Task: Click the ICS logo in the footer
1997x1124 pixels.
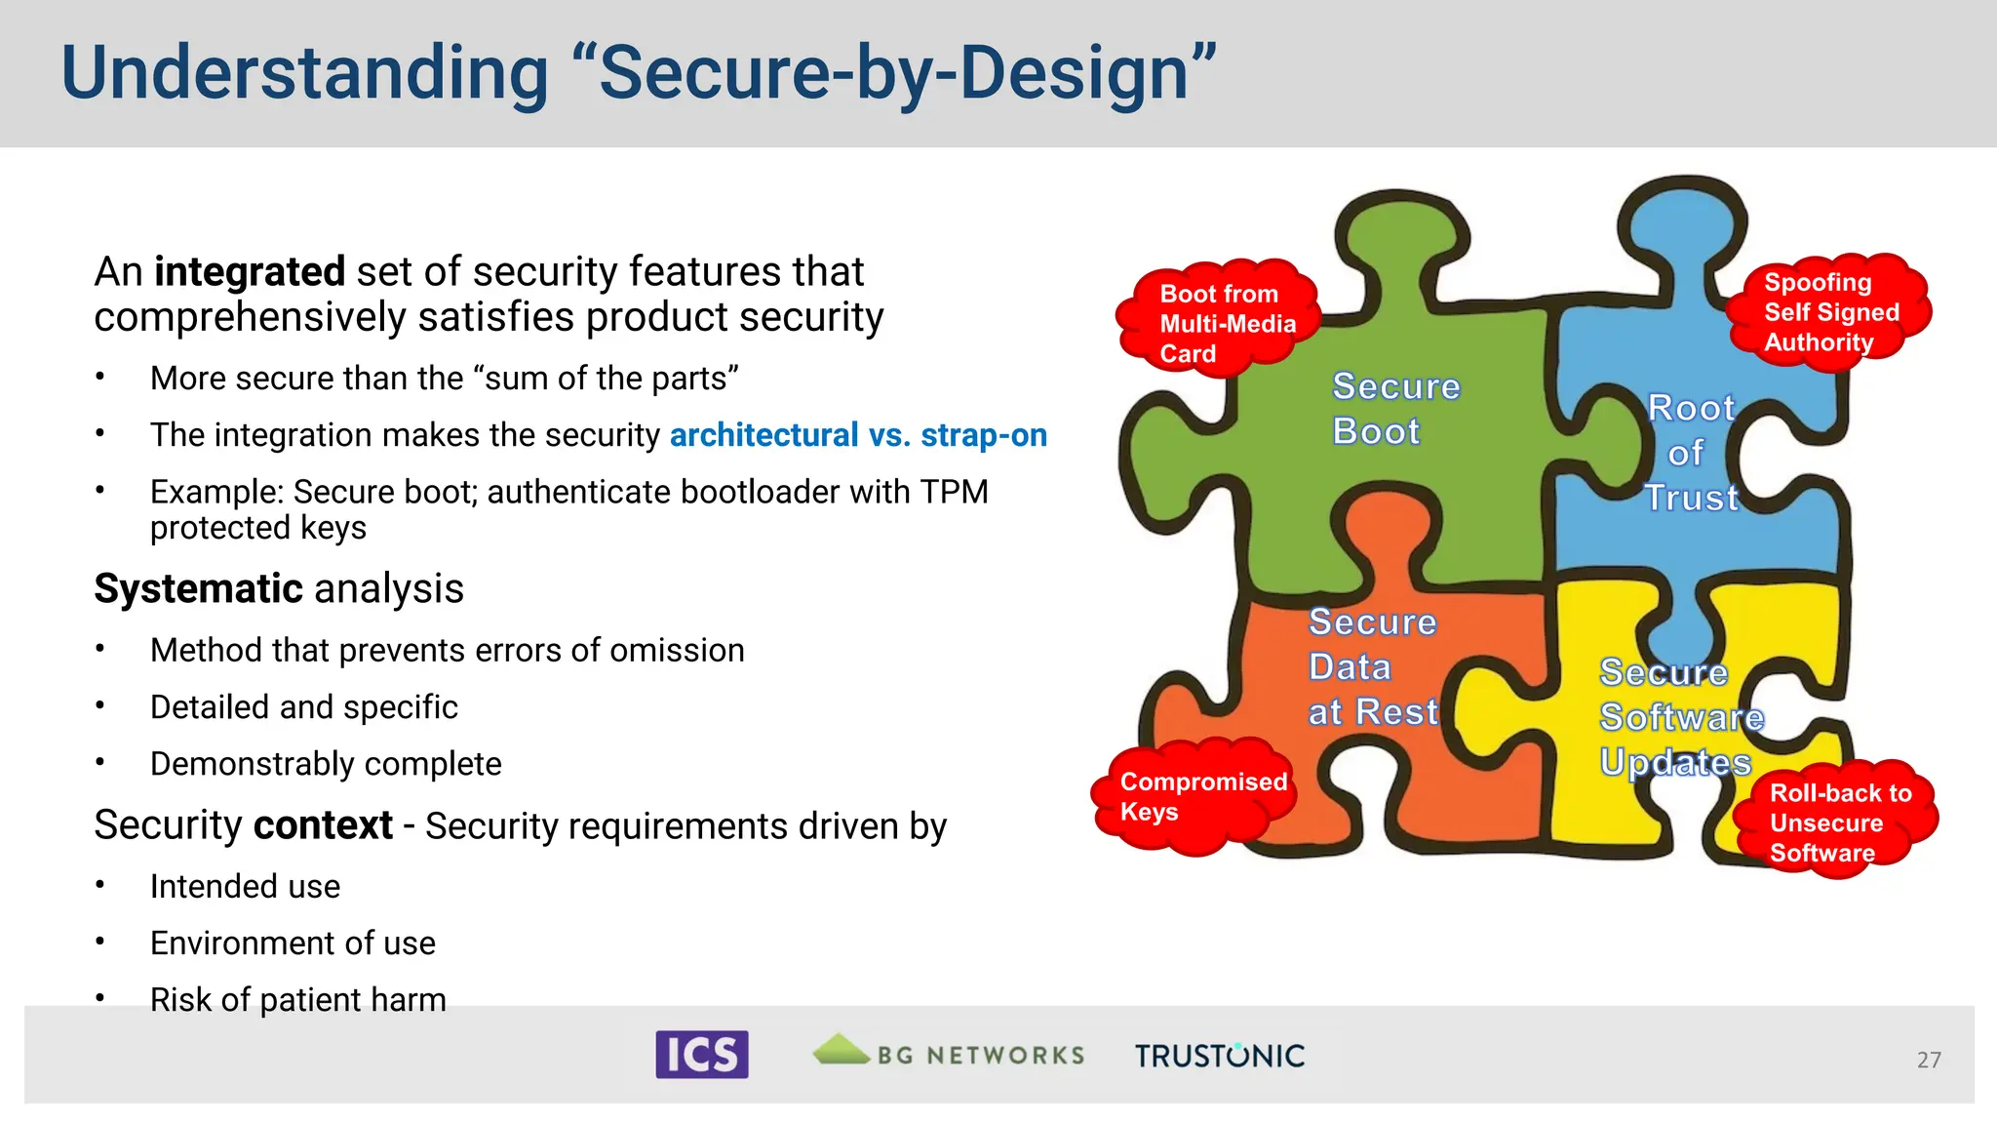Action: point(701,1055)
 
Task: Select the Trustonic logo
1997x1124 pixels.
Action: point(1219,1056)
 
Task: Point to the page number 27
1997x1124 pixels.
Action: point(1928,1060)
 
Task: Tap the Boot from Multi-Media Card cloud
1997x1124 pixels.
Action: point(1219,321)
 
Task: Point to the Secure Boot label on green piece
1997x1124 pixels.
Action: point(1394,409)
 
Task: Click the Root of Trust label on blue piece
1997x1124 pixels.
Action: point(1691,453)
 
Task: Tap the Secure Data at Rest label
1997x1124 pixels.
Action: point(1372,667)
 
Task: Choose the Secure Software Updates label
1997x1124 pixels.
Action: point(1679,717)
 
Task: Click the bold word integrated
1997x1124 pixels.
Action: point(250,271)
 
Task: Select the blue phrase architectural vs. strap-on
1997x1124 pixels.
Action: point(858,435)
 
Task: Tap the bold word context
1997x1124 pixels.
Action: point(323,825)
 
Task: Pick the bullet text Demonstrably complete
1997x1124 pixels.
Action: point(326,764)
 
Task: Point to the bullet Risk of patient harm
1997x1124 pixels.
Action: point(297,999)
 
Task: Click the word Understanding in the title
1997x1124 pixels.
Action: point(305,74)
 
